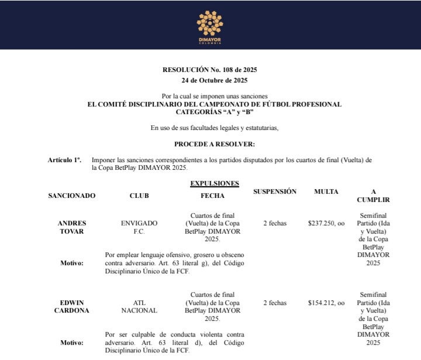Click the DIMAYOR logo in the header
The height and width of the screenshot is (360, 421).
click(x=210, y=25)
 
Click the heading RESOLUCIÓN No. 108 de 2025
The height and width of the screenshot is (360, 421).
click(x=210, y=70)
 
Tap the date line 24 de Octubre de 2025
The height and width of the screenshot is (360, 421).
click(x=210, y=80)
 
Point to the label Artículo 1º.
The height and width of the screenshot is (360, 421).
click(x=65, y=160)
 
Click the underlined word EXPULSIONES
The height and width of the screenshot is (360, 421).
click(x=215, y=183)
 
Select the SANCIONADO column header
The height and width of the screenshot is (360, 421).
click(x=72, y=196)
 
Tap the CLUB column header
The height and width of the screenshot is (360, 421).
click(x=139, y=196)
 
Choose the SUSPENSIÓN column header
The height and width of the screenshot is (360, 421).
click(x=275, y=191)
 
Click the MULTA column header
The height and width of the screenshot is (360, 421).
click(x=326, y=191)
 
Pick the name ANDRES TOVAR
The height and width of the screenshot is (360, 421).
click(x=72, y=227)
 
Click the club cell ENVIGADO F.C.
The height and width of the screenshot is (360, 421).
click(x=139, y=227)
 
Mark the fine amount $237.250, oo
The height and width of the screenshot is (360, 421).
click(x=326, y=223)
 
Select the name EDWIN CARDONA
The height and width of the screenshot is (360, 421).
click(x=75, y=307)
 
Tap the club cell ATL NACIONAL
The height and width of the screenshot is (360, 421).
click(x=139, y=307)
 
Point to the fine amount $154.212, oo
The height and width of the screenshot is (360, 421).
click(x=326, y=303)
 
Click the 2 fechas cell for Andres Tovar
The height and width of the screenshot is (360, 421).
click(x=275, y=223)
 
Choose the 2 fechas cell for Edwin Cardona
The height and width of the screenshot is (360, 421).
click(x=275, y=303)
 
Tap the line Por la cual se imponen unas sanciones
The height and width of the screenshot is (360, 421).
click(x=215, y=95)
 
